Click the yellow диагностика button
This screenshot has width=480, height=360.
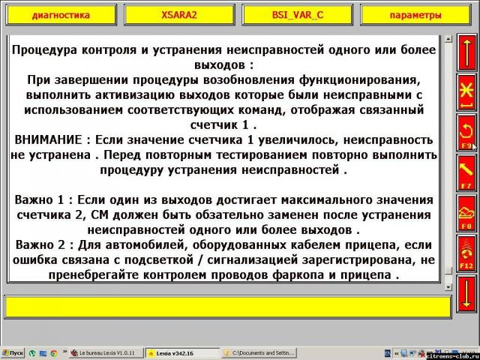tap(61, 15)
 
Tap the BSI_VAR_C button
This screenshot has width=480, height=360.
tap(296, 15)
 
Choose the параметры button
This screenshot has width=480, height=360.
tap(415, 15)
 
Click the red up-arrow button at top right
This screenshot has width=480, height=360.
tap(465, 52)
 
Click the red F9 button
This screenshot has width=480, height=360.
tap(465, 133)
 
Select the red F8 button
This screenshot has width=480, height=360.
tap(465, 214)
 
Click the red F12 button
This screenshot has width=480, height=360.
tap(465, 253)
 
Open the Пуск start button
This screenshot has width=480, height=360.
tap(13, 352)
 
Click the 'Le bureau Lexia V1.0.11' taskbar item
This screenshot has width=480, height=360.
tap(104, 352)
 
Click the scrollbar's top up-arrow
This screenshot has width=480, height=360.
tap(448, 38)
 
